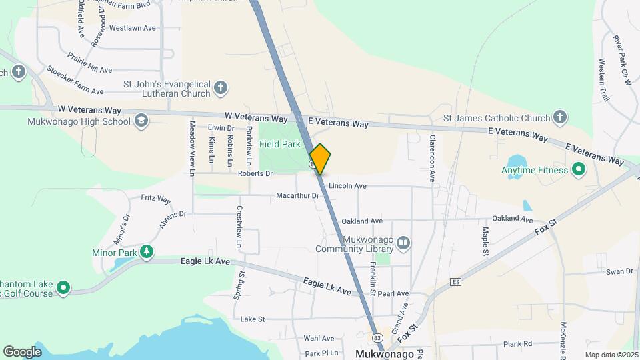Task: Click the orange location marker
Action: pyautogui.click(x=320, y=159)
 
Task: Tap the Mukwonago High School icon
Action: pyautogui.click(x=141, y=121)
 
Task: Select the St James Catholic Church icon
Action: pyautogui.click(x=560, y=118)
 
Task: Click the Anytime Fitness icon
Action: pyautogui.click(x=579, y=170)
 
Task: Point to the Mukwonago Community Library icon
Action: pyautogui.click(x=403, y=243)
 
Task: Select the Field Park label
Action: pyautogui.click(x=279, y=143)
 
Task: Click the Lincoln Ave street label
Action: pyautogui.click(x=348, y=186)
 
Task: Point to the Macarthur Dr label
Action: pyautogui.click(x=298, y=196)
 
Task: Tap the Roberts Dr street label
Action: pyautogui.click(x=255, y=174)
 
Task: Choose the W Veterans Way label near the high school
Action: pyautogui.click(x=89, y=109)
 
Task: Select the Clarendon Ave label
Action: pyautogui.click(x=432, y=159)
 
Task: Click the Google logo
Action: pyautogui.click(x=22, y=351)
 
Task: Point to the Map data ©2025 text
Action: pyautogui.click(x=611, y=355)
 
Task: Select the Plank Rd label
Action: pyautogui.click(x=517, y=344)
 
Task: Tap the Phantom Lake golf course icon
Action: pyautogui.click(x=63, y=288)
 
